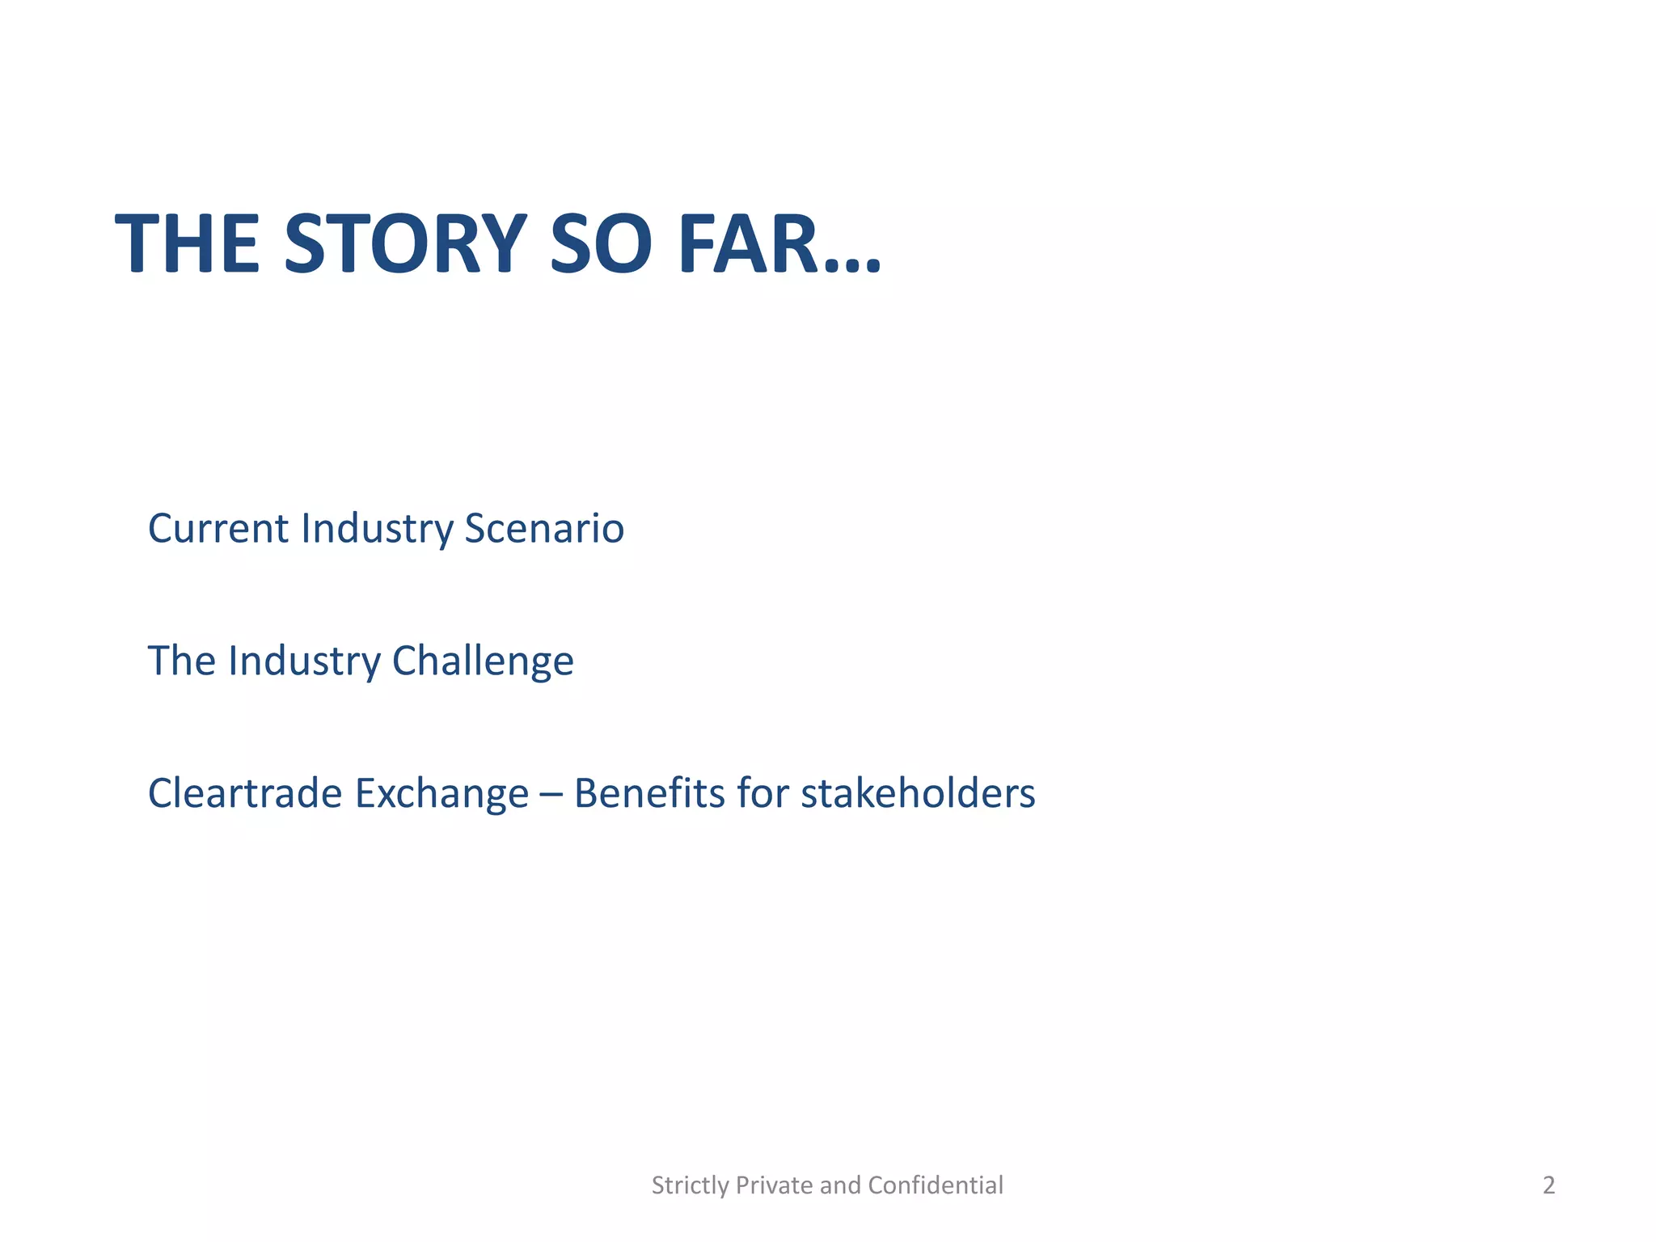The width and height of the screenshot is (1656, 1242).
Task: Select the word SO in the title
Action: (599, 243)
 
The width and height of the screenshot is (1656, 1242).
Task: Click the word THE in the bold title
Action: (188, 243)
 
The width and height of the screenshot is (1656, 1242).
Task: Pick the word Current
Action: (218, 529)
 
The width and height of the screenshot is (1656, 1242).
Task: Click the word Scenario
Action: (544, 529)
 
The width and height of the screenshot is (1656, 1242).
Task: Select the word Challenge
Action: (483, 661)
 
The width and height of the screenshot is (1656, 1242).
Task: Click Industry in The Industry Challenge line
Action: (304, 662)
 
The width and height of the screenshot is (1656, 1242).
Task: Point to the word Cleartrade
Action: (245, 793)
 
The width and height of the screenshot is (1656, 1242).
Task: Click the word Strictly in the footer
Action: (691, 1185)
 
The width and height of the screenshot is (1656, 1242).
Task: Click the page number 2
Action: (1548, 1185)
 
